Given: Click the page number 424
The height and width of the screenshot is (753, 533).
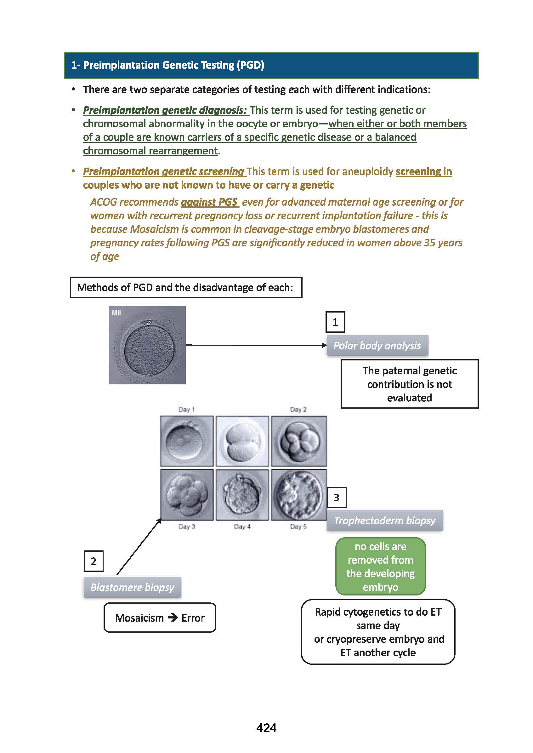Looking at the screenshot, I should coord(266,728).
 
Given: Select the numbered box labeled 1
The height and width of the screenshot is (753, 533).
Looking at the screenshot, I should coord(335,322).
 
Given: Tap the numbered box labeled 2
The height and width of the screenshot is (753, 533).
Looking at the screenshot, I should coord(94,561).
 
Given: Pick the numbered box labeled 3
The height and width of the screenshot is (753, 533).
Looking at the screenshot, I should coord(337,497).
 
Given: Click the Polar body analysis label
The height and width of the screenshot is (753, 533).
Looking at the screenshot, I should coord(377,346).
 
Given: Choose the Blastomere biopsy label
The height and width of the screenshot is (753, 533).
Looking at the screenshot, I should coord(132,587).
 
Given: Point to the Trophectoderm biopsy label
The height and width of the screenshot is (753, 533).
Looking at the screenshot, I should coord(385,520).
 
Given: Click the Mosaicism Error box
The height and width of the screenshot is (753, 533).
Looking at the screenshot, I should coord(160,618).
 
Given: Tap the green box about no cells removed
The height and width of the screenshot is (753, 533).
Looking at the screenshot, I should coord(380,566).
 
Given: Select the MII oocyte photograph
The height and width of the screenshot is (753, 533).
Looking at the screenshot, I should coord(147,345).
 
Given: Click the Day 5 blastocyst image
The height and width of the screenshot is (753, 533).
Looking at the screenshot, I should coord(299,495).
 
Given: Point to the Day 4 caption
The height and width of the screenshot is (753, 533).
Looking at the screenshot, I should coord(242,526).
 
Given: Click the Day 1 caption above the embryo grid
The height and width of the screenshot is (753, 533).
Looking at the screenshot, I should coord(186,410).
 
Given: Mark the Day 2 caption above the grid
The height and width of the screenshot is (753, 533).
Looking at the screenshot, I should coord(298,410).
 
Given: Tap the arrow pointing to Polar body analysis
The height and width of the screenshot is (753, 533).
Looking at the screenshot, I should coord(256,345).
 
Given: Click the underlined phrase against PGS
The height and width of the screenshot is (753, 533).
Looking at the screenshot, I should coord(209,202).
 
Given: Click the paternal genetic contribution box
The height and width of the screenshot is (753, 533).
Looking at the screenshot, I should coord(409,384).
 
